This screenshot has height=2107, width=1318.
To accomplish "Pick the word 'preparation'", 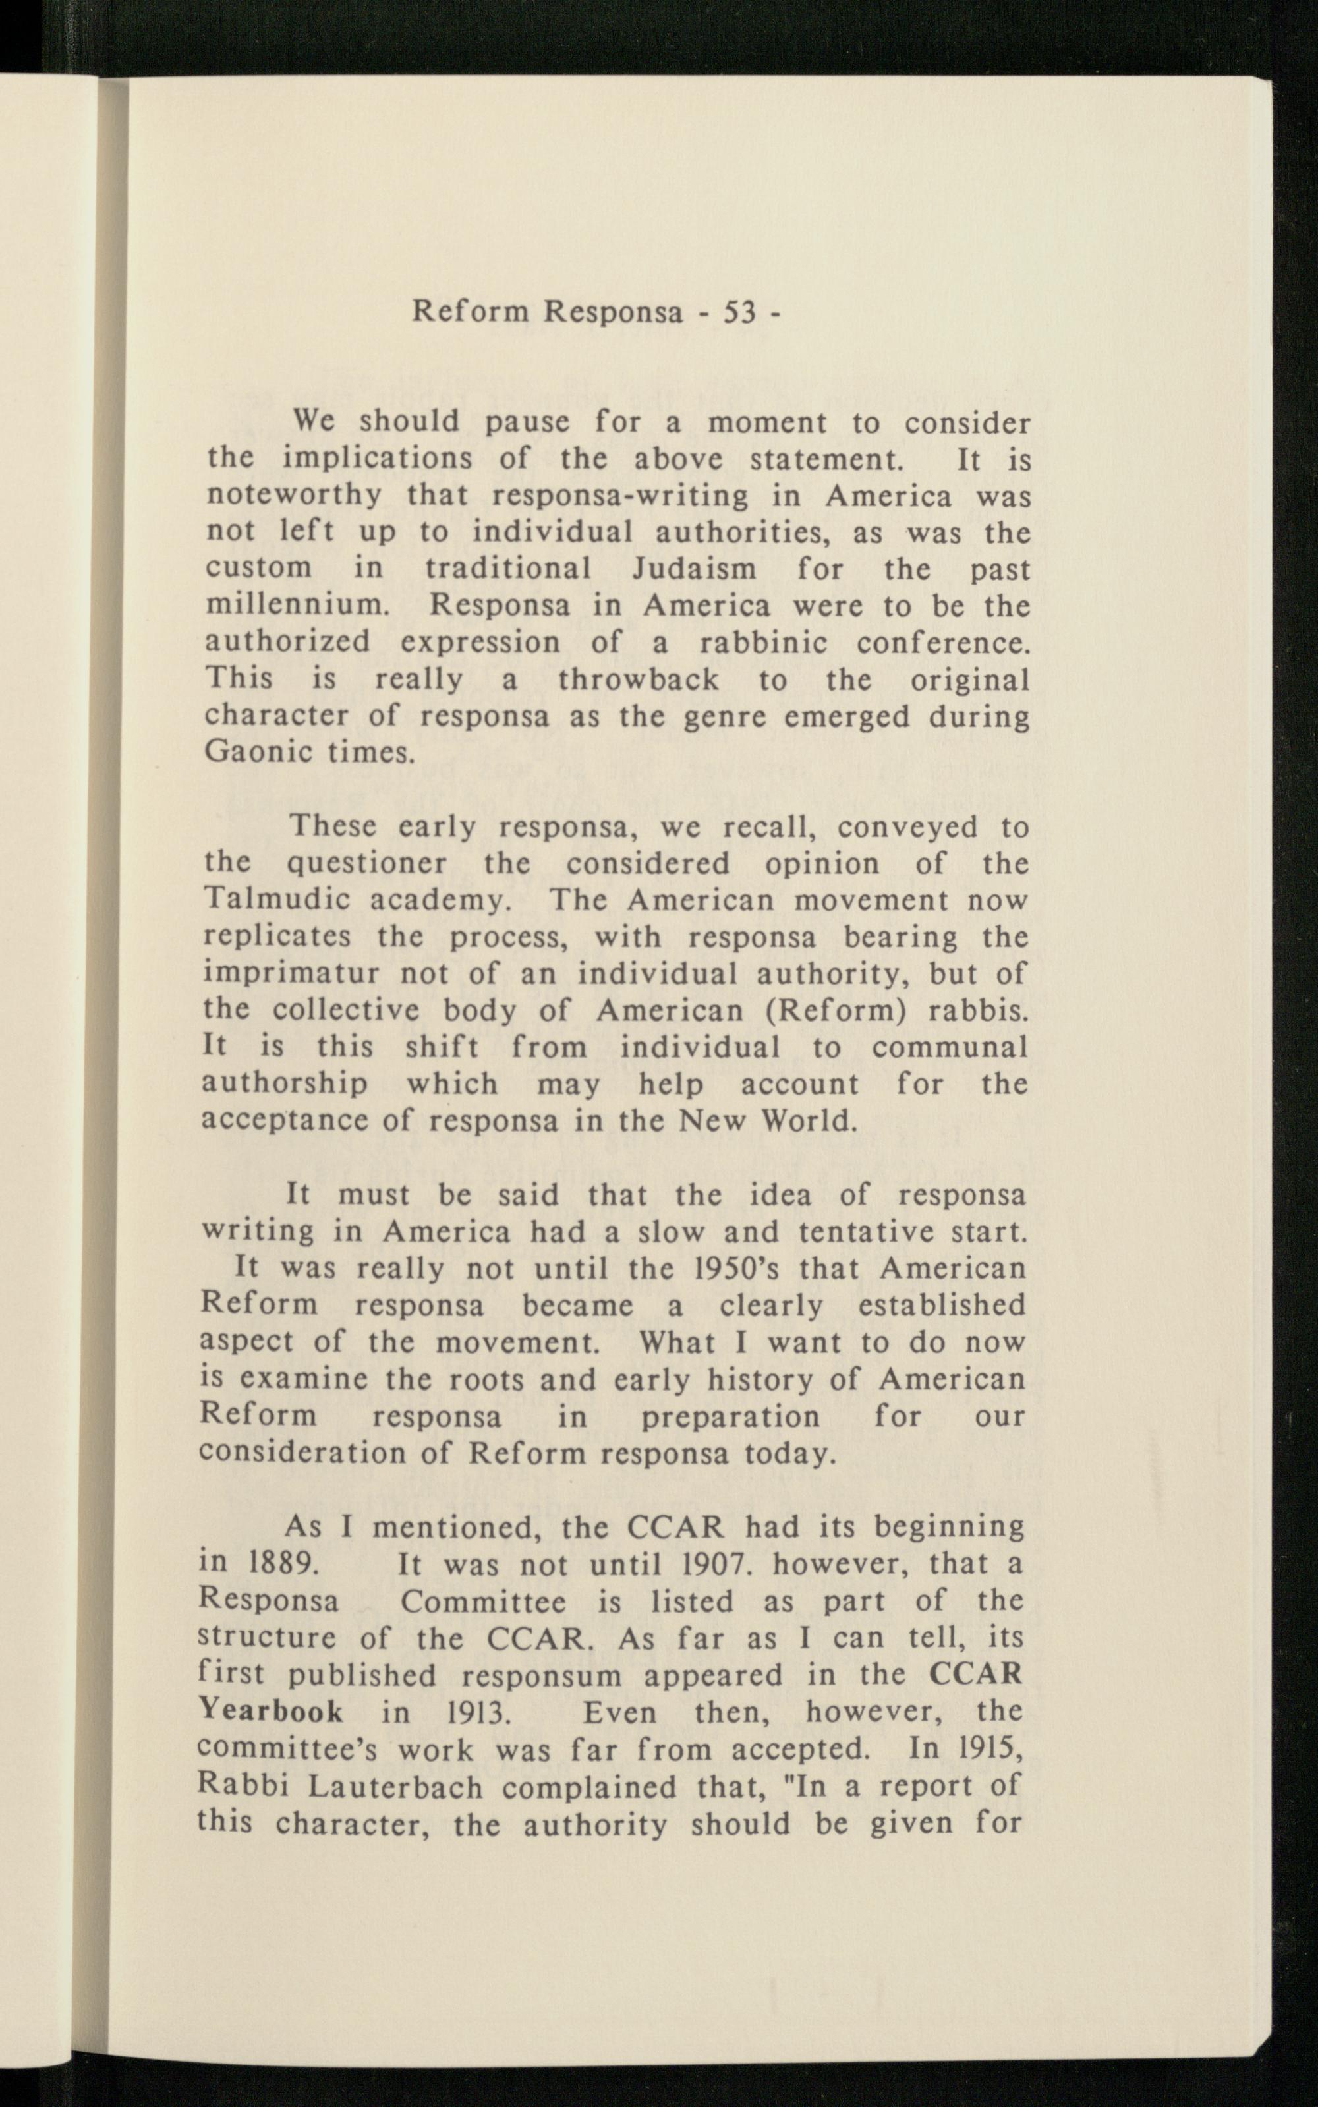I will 730,1416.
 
